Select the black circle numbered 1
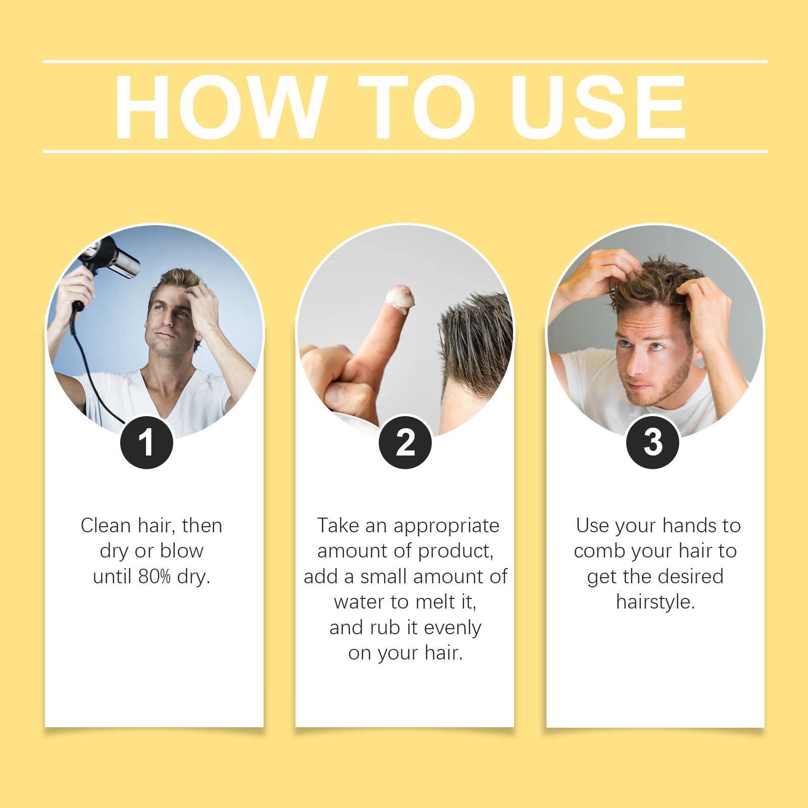[146, 442]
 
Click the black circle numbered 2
[405, 442]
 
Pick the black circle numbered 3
[652, 442]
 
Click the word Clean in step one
[106, 526]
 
